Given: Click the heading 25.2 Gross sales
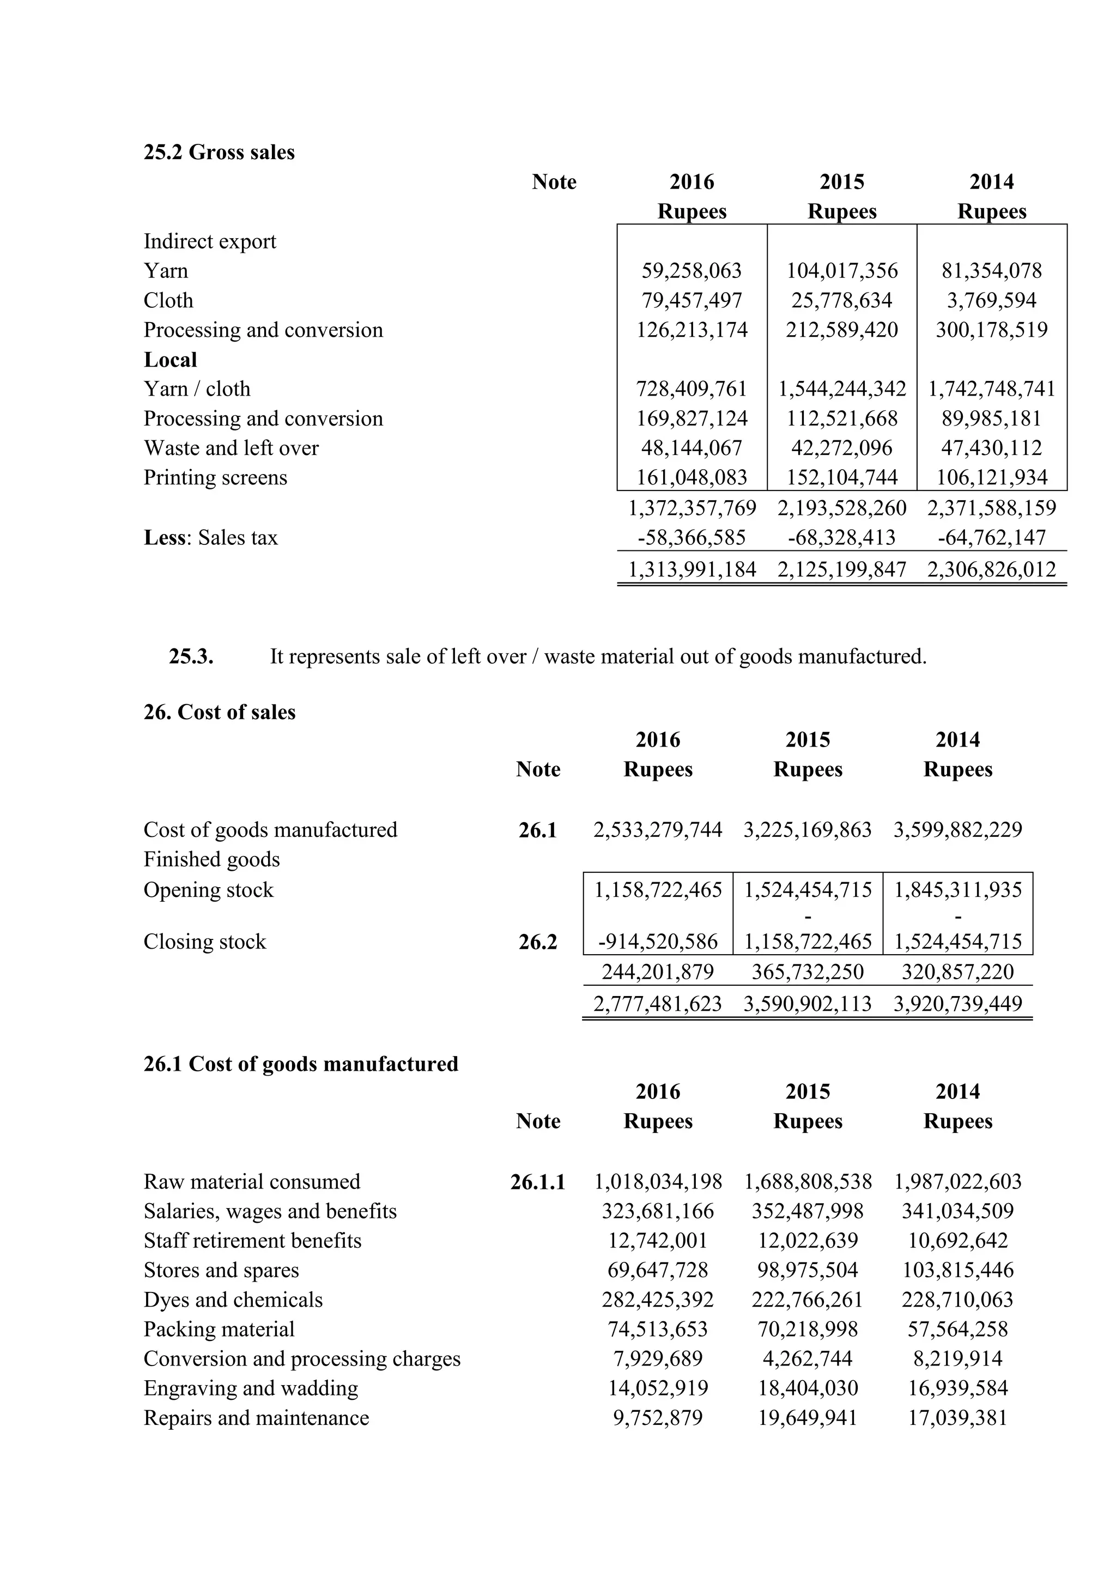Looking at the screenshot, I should tap(219, 152).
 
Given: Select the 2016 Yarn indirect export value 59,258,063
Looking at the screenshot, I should tap(692, 271).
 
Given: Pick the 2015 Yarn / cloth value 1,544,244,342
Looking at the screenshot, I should tap(842, 389).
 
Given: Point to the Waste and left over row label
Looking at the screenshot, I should tap(231, 448).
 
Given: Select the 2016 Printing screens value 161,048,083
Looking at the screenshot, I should tap(692, 478).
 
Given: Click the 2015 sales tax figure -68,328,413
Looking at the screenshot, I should tap(841, 537).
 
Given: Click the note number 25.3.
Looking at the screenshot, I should tap(191, 657).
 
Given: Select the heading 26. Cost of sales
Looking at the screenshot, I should tap(219, 712).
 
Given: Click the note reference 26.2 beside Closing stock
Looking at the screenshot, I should tap(537, 942).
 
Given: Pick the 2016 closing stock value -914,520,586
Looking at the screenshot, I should tap(658, 942).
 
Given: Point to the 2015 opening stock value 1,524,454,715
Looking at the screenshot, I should tap(808, 890).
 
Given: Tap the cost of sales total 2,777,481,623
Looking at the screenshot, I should tap(658, 1004).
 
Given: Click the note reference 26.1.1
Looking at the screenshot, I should tap(537, 1182).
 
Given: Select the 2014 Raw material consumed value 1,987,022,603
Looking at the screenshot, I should tap(957, 1182).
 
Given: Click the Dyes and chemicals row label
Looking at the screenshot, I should tap(233, 1300).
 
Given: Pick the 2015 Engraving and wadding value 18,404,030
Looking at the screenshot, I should tap(808, 1388).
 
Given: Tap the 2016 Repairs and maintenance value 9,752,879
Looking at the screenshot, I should tap(658, 1418).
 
